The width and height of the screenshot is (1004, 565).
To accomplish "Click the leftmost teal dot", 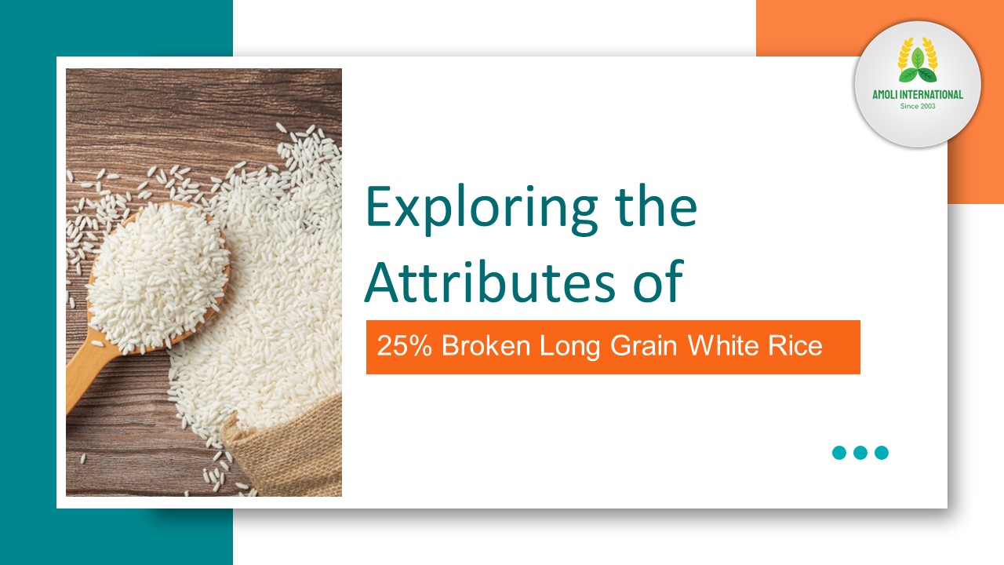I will click(x=839, y=453).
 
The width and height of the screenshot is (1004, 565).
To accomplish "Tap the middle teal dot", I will click(x=860, y=453).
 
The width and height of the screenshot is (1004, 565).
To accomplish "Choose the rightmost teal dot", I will click(x=882, y=453).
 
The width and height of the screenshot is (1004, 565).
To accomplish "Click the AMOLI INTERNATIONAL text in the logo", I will click(x=918, y=95).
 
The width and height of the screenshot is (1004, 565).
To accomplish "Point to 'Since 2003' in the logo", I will click(x=918, y=106).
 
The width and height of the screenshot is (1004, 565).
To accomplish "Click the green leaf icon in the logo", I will click(x=917, y=67).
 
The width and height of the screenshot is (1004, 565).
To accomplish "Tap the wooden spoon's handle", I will click(x=86, y=377).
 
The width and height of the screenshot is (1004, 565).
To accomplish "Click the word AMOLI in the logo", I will click(x=888, y=95).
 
